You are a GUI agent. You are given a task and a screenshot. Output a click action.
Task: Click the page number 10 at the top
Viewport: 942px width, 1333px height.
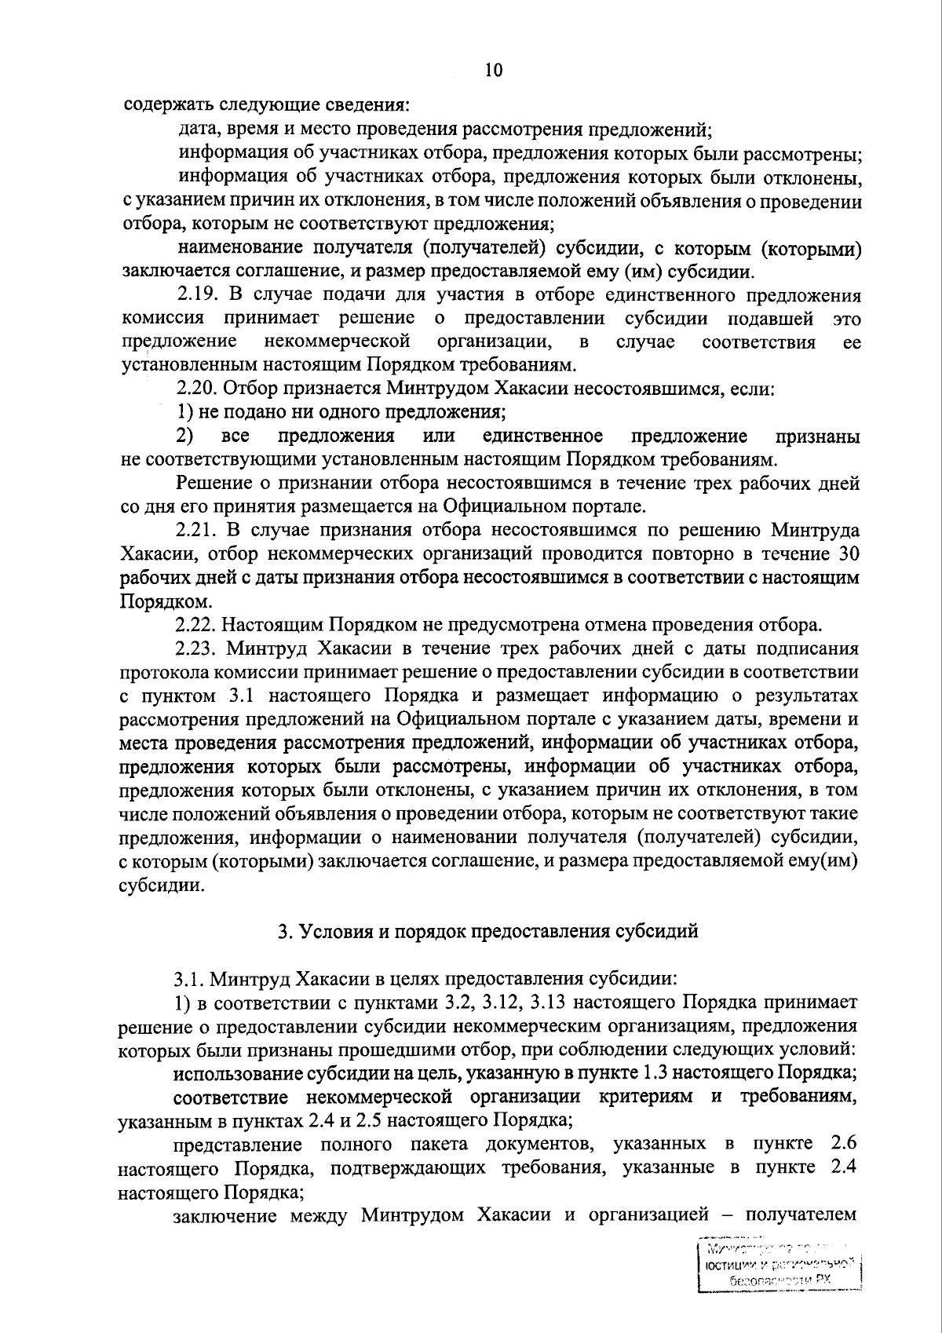click(493, 71)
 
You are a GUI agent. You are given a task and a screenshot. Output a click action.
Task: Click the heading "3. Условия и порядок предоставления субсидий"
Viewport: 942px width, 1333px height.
click(488, 932)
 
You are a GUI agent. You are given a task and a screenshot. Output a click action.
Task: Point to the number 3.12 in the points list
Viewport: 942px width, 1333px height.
click(495, 1002)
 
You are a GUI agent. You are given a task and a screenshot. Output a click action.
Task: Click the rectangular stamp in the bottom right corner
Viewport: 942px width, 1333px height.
click(780, 1270)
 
